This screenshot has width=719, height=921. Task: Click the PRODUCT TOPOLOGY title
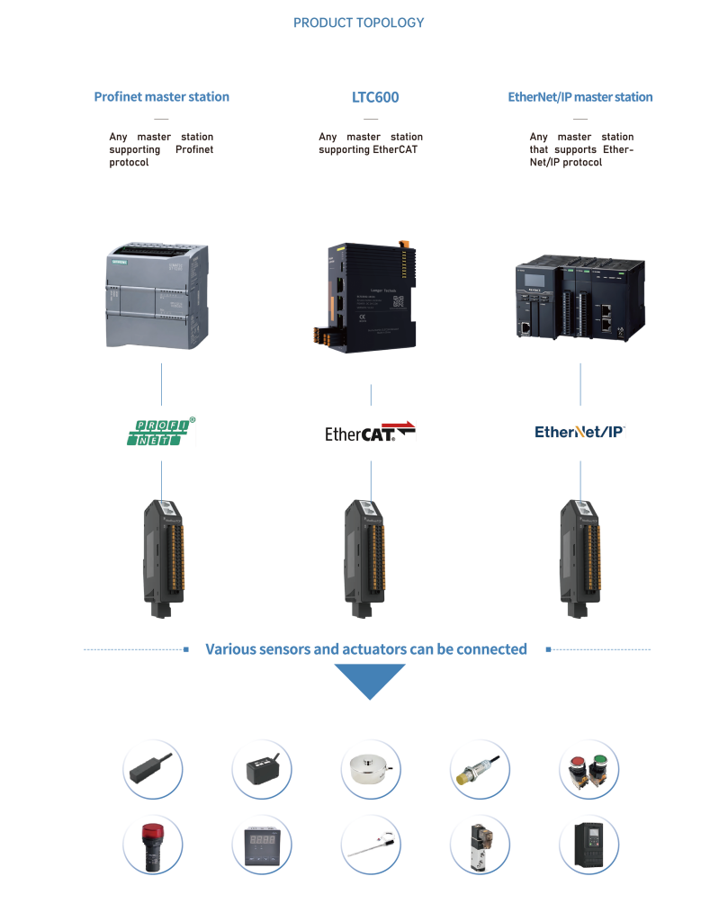click(x=359, y=22)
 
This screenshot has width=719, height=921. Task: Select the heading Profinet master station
click(x=161, y=97)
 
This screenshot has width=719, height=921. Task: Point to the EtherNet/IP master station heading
click(x=580, y=97)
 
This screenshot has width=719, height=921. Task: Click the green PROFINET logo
click(x=161, y=432)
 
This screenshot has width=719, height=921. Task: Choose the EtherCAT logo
click(x=371, y=432)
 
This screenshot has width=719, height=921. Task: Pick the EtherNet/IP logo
click(x=580, y=432)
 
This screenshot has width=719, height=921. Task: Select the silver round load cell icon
click(x=371, y=772)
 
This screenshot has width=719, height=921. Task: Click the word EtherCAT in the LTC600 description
click(x=396, y=150)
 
